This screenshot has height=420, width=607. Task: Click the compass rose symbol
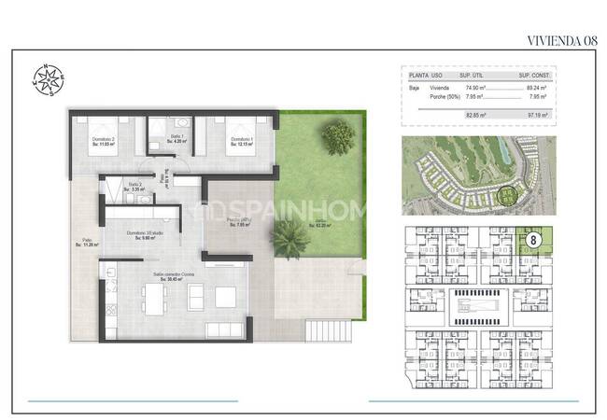click(46, 77)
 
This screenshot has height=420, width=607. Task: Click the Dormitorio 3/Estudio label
click(142, 235)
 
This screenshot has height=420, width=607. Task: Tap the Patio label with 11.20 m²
click(87, 243)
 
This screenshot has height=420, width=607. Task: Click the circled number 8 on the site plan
click(533, 240)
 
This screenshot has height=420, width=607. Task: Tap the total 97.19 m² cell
click(538, 115)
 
